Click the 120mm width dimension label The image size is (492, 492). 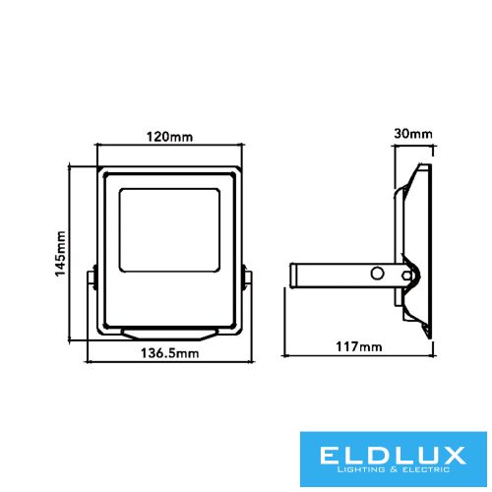tap(169, 135)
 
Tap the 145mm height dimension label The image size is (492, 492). tap(61, 254)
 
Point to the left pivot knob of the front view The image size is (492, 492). tap(92, 278)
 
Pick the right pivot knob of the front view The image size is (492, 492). tap(246, 278)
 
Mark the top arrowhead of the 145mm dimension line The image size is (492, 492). tap(75, 164)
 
